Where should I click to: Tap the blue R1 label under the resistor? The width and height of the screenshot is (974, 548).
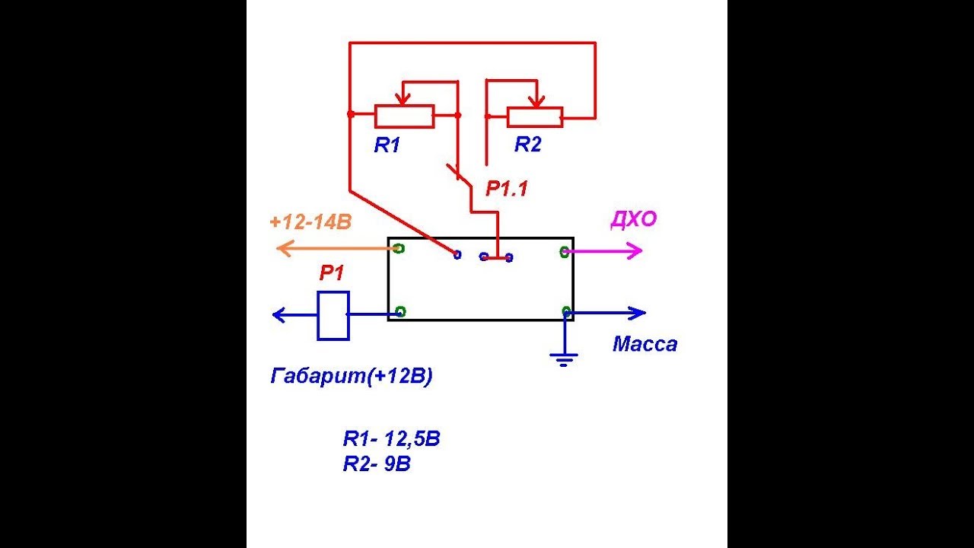point(387,145)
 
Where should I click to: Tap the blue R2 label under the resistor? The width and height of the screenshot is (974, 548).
point(528,144)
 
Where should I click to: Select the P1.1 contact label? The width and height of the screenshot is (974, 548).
point(507,189)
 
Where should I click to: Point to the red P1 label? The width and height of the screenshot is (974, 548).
point(331,273)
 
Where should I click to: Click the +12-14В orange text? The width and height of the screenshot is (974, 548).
point(310,222)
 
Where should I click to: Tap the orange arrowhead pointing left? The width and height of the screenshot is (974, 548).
point(285,248)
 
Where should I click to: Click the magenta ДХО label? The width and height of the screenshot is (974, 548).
point(634,219)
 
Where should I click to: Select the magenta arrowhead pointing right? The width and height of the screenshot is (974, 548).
point(635,250)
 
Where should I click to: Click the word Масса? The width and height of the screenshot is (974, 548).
point(645,345)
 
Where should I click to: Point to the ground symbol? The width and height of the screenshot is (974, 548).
point(564,360)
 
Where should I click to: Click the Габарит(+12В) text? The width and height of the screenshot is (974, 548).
point(352,376)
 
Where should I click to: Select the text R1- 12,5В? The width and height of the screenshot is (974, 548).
point(391,438)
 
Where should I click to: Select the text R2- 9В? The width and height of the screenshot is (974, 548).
point(377,464)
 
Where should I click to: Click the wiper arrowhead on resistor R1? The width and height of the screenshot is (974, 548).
point(403,100)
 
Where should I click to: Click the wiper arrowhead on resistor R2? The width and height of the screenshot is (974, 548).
point(537,101)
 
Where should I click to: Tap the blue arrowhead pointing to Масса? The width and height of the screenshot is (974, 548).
point(638,313)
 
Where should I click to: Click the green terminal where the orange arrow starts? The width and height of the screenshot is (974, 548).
point(399,248)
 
